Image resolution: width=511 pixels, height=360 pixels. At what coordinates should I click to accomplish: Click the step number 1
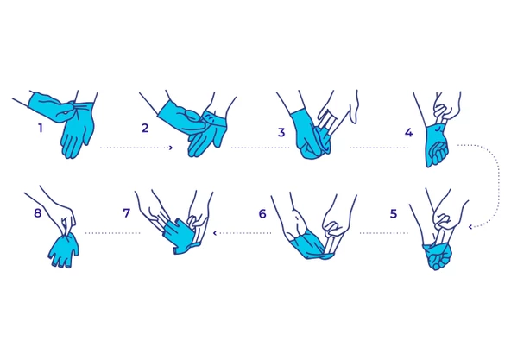click(41, 128)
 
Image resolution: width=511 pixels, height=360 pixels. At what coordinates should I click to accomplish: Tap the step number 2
click(145, 128)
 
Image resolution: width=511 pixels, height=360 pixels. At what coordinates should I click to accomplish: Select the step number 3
click(281, 132)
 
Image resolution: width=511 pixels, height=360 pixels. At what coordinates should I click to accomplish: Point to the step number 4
click(408, 132)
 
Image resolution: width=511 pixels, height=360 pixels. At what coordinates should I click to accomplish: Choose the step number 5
click(394, 213)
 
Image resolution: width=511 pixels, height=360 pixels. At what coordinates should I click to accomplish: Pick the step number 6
click(262, 213)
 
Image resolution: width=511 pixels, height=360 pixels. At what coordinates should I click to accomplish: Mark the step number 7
click(126, 213)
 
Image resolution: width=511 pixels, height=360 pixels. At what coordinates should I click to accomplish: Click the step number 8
click(38, 213)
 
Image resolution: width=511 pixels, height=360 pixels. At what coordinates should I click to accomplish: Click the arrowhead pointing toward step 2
click(171, 148)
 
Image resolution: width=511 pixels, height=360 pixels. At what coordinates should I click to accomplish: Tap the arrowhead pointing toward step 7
click(214, 233)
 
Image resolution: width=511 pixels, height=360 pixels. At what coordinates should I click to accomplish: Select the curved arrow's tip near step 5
click(470, 227)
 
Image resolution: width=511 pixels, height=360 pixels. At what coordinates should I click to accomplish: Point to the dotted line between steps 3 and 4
click(379, 148)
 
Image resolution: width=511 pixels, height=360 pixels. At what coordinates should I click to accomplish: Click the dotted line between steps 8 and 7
click(113, 233)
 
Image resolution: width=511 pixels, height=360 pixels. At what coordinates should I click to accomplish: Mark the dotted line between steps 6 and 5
click(384, 233)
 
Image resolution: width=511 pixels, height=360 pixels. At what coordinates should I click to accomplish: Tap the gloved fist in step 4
click(437, 147)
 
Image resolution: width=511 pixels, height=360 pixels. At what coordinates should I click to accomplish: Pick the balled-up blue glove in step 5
click(438, 256)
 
